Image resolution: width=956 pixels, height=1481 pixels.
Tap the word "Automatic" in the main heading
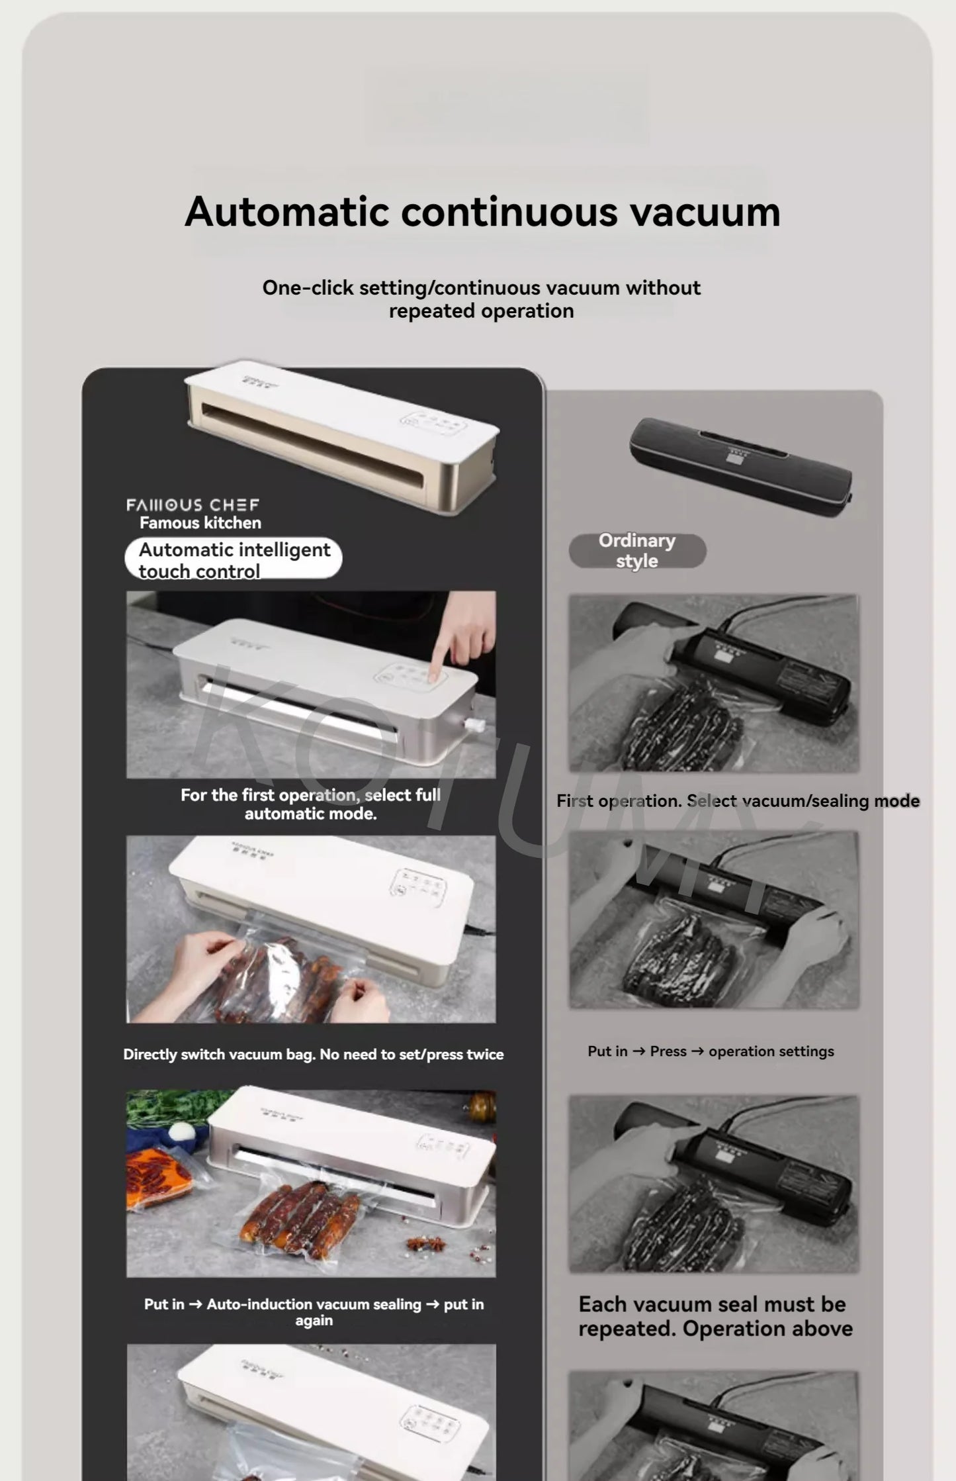286,213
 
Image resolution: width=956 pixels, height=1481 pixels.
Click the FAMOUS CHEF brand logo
193,505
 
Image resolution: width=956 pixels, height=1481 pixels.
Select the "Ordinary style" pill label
637,551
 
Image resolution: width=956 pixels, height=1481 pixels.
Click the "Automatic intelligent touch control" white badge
233,559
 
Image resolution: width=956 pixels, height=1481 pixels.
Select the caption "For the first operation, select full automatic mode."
310,804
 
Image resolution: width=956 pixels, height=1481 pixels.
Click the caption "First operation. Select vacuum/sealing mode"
738,801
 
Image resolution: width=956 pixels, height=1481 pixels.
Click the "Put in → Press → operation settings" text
711,1051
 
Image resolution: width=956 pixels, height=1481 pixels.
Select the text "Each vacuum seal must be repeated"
715,1317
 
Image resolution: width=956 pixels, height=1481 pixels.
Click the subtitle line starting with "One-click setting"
481,288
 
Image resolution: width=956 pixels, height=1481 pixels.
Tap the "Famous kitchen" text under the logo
200,523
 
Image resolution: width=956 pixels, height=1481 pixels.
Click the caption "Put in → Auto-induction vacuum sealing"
314,1312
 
